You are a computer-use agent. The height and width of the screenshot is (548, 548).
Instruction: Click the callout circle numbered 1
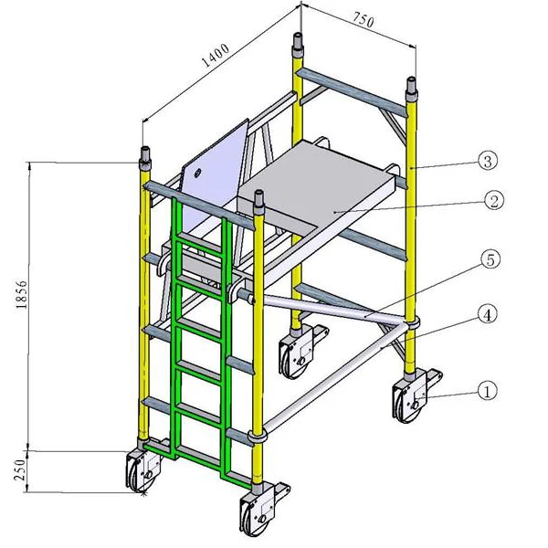tap(488, 390)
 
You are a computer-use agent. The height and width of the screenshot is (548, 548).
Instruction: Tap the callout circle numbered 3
tap(488, 161)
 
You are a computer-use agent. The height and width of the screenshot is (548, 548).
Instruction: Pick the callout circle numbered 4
tap(488, 315)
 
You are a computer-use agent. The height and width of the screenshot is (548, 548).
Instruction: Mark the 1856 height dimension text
tap(24, 294)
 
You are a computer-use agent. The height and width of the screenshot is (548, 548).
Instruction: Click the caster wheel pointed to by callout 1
tap(407, 400)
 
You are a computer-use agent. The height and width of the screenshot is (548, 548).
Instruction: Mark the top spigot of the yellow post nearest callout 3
tap(411, 89)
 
